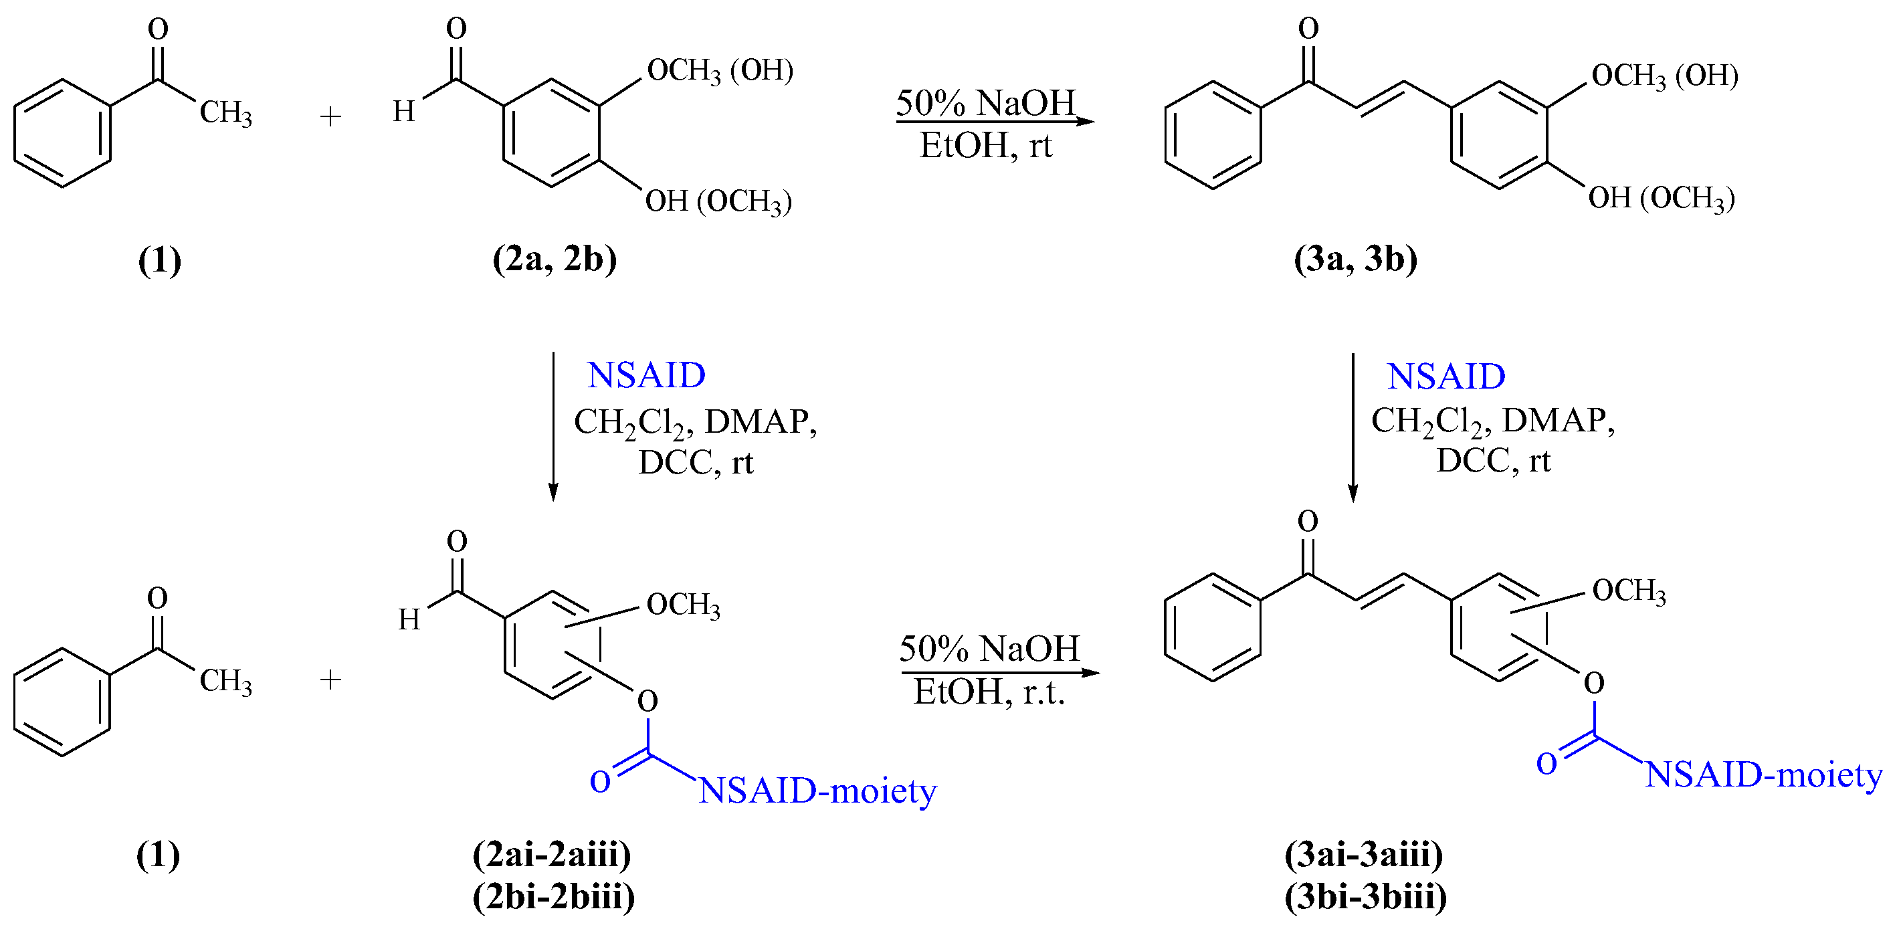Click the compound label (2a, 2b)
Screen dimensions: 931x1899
(x=555, y=259)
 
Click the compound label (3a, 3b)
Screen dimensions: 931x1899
(x=1355, y=259)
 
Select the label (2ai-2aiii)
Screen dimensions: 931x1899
(x=552, y=854)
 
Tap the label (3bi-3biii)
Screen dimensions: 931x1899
(x=1365, y=896)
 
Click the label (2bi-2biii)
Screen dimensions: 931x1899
(x=554, y=896)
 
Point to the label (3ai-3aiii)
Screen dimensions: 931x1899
(x=1364, y=854)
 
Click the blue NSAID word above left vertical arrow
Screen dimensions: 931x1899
(x=645, y=375)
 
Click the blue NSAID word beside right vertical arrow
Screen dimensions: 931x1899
(x=1445, y=377)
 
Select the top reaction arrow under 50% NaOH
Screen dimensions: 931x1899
(x=995, y=122)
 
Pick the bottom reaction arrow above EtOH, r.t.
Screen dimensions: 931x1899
(x=999, y=672)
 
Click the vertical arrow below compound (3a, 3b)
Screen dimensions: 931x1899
(x=1353, y=427)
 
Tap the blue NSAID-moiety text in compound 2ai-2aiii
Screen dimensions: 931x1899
(x=817, y=792)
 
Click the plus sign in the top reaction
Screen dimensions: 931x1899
(x=330, y=116)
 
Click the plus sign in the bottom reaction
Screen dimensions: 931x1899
(x=330, y=680)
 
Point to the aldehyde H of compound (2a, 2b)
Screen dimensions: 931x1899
(x=404, y=111)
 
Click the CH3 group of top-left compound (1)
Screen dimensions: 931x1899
(x=225, y=113)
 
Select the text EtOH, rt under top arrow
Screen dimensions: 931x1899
(x=986, y=145)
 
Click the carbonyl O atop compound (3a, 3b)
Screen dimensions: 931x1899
(x=1308, y=28)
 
